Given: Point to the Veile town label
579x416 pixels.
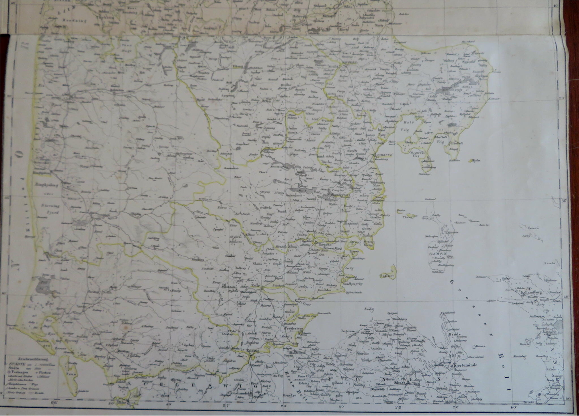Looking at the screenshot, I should point(256,285).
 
